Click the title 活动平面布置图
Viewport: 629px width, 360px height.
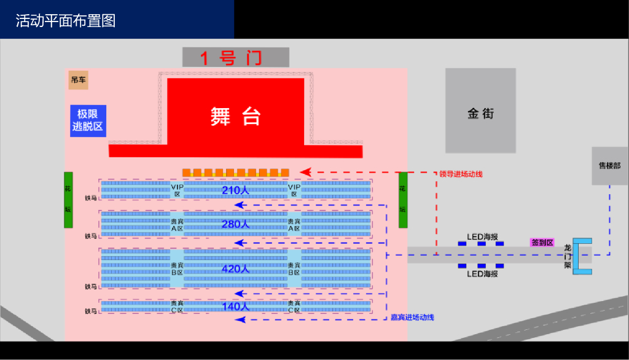coord(65,21)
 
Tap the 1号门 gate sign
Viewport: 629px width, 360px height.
coord(235,58)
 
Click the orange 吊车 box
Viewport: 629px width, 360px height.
coord(78,80)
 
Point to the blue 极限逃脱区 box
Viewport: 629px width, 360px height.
coord(88,121)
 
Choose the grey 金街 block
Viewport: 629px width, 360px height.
coord(480,113)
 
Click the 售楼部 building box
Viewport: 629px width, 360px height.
coord(609,166)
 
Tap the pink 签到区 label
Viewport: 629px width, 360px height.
coord(542,243)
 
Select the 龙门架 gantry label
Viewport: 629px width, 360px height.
coord(568,256)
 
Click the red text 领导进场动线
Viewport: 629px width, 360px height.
coord(461,174)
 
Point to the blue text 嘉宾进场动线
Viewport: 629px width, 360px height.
coord(412,317)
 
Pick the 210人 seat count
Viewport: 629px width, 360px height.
coord(235,190)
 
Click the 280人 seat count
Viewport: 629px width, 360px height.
coord(235,224)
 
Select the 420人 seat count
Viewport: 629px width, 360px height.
coord(235,269)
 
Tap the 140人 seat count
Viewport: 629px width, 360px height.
coord(235,306)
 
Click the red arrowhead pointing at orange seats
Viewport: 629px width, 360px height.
coord(304,172)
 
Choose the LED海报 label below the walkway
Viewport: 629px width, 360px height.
coord(482,273)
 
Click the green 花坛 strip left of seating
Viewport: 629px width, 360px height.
coord(68,200)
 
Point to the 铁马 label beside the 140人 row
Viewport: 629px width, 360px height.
coord(91,311)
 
